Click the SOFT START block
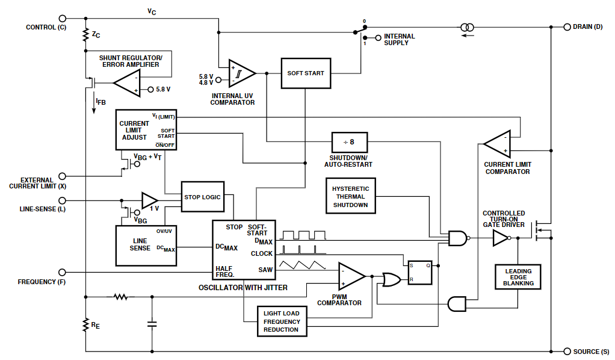coord(306,73)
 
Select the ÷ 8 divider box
coord(350,142)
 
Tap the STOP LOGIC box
coord(203,197)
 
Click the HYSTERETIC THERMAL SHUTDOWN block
coord(351,196)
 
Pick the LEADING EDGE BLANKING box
coord(518,277)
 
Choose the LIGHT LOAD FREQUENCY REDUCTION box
coord(282,321)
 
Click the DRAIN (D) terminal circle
coord(567,27)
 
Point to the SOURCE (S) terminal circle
coord(567,352)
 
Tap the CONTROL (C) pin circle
coord(62,19)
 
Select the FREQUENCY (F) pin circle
coord(62,272)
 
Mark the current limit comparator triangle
coord(497,144)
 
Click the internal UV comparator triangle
coord(242,73)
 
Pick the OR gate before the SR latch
coord(391,280)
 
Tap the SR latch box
coord(420,273)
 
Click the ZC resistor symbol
coord(85,35)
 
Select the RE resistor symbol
coord(85,325)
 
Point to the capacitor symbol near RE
coord(152,324)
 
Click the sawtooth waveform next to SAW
coord(302,265)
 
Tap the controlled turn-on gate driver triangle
coord(501,238)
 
